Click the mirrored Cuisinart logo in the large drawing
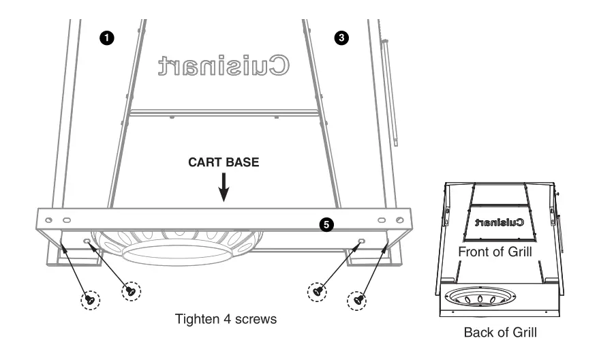click(x=224, y=65)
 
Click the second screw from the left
click(x=130, y=290)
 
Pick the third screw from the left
click(x=318, y=290)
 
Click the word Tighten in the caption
click(x=196, y=319)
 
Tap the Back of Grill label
click(x=499, y=333)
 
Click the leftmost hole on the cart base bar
click(x=48, y=220)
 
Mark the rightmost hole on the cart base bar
click(x=400, y=220)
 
